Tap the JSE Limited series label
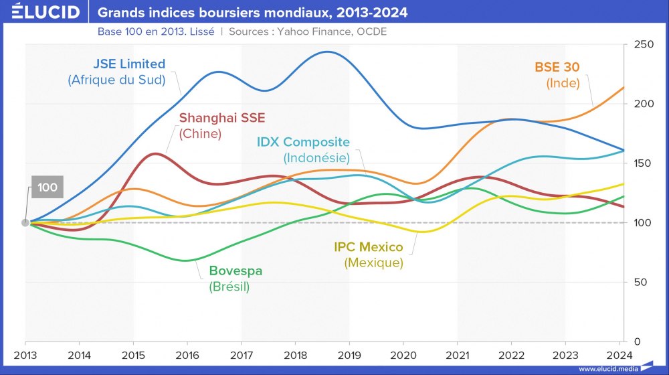129,64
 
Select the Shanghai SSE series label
221,118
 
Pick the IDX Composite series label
303,142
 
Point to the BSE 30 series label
557,67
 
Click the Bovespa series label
235,271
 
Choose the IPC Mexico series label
369,247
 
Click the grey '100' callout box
47,187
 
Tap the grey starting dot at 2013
25,222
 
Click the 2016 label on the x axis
187,355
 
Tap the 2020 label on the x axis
403,355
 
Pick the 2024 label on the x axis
618,355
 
